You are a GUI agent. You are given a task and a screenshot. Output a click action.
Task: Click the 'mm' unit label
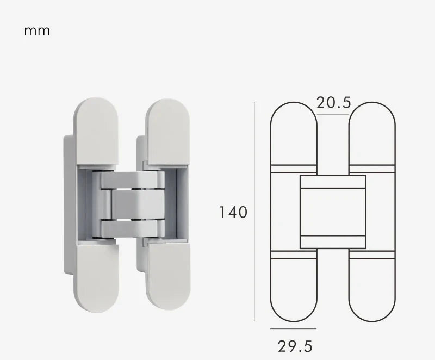coord(37,30)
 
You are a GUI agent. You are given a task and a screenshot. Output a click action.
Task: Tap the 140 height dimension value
coord(233,212)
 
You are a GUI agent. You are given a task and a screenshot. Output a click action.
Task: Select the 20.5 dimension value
coord(334,102)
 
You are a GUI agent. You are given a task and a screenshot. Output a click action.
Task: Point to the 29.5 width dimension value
coord(295,346)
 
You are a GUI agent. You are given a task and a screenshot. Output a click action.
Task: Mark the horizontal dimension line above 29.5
coord(293,329)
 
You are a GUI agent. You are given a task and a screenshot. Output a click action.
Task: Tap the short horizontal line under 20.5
coord(333,114)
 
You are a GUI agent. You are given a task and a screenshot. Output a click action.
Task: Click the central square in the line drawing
coord(333,212)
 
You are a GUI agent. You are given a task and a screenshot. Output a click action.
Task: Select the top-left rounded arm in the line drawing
coord(294,133)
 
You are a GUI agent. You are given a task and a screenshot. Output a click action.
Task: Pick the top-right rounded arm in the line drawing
coord(372,133)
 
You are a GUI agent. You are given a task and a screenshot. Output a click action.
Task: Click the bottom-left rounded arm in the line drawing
coord(294,288)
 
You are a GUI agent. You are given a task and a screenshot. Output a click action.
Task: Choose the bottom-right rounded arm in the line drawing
coord(372,288)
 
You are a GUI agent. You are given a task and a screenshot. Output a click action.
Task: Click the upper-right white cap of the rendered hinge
coord(167,131)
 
